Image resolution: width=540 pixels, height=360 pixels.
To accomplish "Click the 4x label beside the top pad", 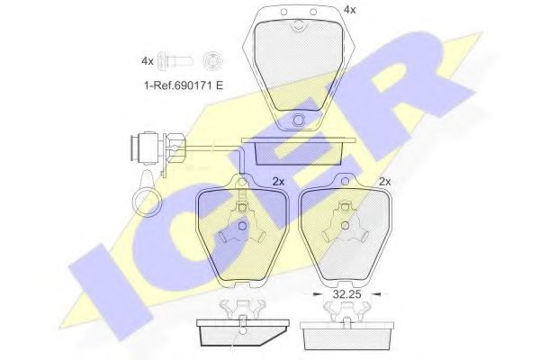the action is point(349,10).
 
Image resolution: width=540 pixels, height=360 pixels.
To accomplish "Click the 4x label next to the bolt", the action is point(148,61).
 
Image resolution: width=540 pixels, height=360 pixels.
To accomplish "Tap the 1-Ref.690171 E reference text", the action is point(184,85).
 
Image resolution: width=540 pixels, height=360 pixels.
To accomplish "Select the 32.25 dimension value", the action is point(346,294).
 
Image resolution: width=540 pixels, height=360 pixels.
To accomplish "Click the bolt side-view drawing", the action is point(175,61).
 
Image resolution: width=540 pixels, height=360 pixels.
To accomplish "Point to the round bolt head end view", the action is point(212,61).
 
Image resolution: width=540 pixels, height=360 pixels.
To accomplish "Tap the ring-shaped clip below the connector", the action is point(147,201).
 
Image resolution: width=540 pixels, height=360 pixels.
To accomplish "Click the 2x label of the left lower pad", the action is point(278,182).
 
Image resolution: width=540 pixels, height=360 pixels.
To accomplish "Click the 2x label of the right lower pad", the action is point(384,182).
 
